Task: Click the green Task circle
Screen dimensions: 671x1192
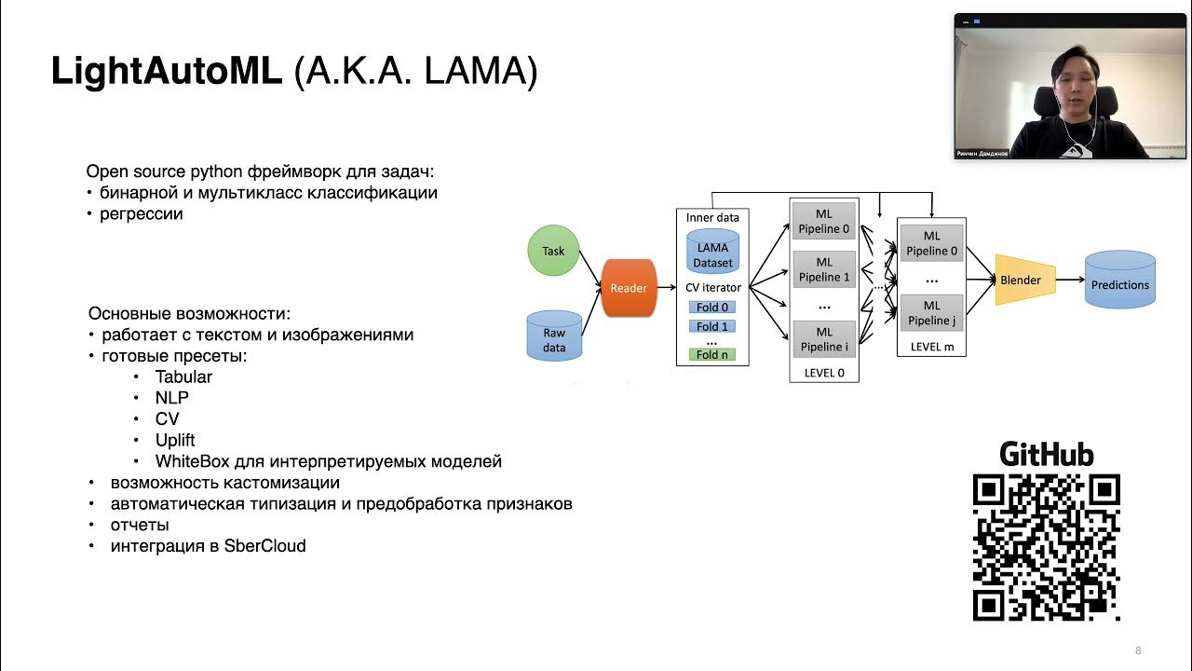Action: click(553, 251)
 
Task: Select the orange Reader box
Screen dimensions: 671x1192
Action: click(629, 288)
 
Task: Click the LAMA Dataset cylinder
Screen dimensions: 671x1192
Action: click(712, 251)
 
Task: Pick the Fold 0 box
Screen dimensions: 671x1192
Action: click(712, 308)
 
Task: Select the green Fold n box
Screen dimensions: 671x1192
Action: click(712, 354)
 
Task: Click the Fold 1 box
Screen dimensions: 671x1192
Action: click(712, 327)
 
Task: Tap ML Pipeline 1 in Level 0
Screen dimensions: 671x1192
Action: click(824, 270)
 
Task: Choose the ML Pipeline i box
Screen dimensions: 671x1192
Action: click(824, 339)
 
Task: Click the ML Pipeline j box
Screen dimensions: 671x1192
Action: click(931, 313)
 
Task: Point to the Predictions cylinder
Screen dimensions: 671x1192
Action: click(1120, 281)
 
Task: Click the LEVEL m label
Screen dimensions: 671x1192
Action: click(931, 347)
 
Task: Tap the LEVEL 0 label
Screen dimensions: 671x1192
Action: click(824, 373)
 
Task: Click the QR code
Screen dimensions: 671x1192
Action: click(1046, 547)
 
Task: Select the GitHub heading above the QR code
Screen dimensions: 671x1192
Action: click(1046, 454)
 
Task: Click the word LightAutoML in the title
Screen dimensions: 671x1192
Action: click(167, 72)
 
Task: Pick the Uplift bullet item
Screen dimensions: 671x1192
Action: click(175, 440)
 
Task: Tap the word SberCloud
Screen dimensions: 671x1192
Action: click(264, 546)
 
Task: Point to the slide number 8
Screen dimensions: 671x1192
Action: click(1138, 650)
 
